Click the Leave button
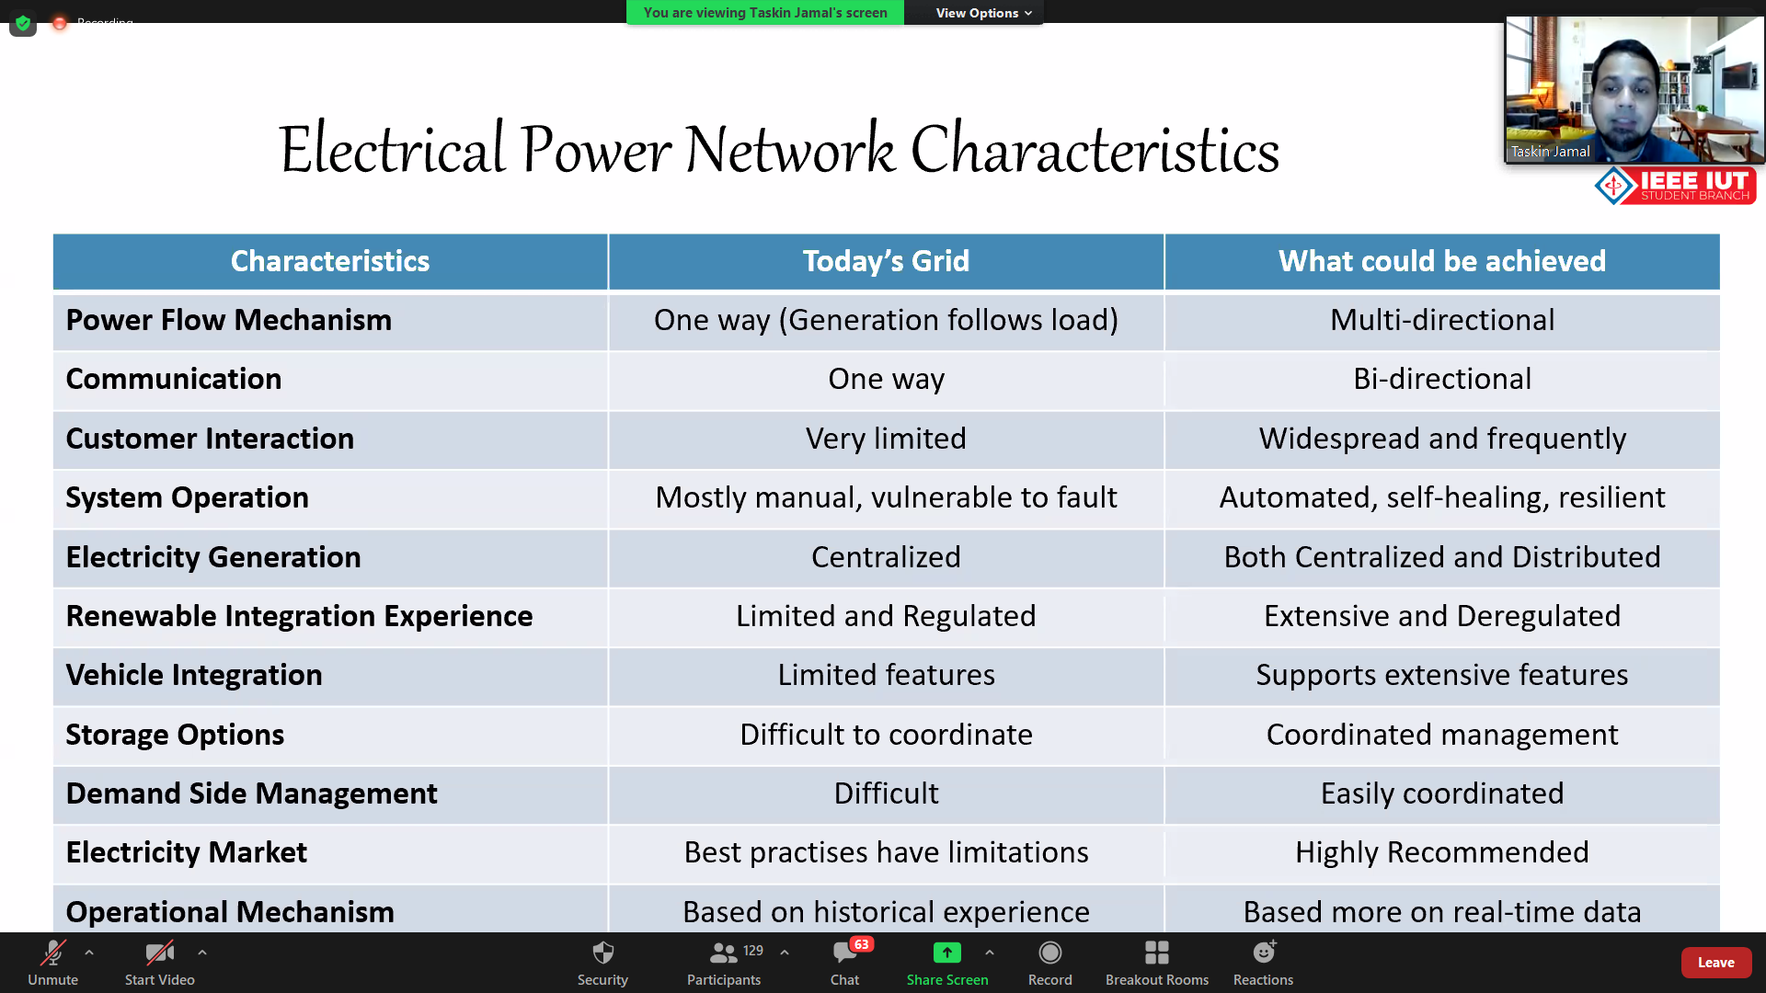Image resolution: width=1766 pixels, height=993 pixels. point(1715,963)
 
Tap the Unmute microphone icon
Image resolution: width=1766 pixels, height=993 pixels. point(52,953)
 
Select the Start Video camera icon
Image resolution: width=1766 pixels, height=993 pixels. point(159,953)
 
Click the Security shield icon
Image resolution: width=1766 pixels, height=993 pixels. point(602,953)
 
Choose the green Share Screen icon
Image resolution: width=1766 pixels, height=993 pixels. point(946,953)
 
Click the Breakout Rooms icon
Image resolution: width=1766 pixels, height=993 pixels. point(1156,953)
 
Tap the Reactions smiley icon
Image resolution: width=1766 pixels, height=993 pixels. point(1264,952)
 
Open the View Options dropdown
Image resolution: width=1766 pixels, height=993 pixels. point(983,13)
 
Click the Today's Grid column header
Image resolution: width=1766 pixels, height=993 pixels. point(886,261)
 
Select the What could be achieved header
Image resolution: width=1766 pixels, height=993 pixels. point(1441,261)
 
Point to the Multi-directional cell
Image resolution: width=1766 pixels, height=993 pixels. point(1441,320)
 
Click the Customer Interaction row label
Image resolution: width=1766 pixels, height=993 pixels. point(210,439)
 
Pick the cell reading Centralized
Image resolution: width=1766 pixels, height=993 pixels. point(886,557)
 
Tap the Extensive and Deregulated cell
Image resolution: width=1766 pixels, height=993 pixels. point(1441,616)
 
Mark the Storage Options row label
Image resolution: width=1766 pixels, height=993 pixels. point(175,735)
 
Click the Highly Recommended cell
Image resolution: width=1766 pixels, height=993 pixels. point(1441,852)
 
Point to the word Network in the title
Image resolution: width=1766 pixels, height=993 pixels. point(789,149)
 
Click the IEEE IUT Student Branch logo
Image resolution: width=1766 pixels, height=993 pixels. point(1675,185)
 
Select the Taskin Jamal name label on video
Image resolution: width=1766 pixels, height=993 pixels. point(1550,152)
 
